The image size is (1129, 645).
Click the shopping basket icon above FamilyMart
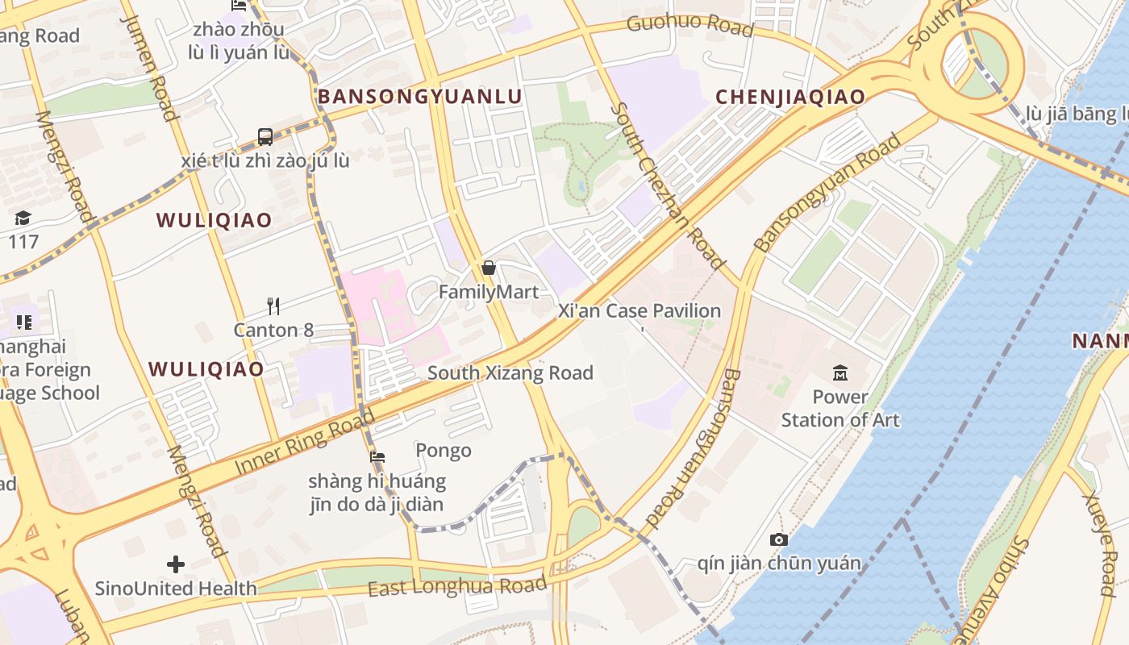[x=488, y=268]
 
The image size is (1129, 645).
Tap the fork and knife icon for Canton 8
[x=273, y=306]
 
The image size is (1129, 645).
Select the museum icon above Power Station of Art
[x=840, y=372]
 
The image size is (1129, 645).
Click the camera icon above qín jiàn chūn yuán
[x=778, y=539]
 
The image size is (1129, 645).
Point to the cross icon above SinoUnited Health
[x=176, y=564]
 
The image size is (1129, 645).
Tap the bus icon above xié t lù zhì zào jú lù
[x=265, y=137]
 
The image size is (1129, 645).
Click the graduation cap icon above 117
[x=23, y=218]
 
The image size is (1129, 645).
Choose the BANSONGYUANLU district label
[x=419, y=97]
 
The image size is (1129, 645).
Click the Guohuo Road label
[x=689, y=25]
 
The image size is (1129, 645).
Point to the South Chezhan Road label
[x=668, y=185]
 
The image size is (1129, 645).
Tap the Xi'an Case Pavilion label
[x=639, y=311]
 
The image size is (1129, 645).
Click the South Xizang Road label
[x=510, y=372]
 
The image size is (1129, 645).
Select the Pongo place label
[x=443, y=451]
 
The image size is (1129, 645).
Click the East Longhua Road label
[x=456, y=586]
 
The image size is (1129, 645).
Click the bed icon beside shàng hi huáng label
[x=377, y=458]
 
